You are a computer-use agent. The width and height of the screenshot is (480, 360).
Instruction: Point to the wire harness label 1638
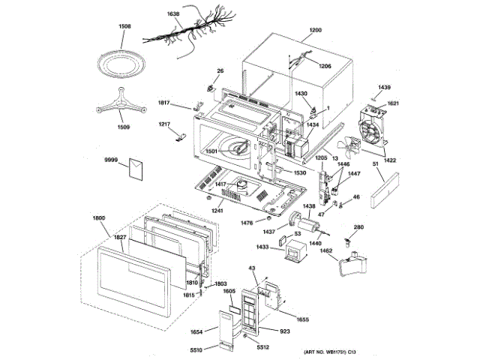point(172,14)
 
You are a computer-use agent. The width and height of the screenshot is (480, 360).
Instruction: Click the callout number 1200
point(315,31)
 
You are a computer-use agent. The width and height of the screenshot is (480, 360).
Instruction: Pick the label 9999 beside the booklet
point(112,160)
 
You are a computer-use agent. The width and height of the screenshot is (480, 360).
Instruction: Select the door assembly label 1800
point(100,218)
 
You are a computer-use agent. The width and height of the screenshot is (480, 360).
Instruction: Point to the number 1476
point(246,223)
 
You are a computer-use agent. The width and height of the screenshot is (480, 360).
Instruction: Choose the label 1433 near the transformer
point(262,246)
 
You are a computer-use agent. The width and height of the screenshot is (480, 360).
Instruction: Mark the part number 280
point(358,228)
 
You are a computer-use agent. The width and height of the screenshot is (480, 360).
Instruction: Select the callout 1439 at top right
point(385,88)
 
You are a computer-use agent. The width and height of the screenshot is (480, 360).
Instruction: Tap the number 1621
point(393,103)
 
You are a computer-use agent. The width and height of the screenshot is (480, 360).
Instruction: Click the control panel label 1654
point(197,331)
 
